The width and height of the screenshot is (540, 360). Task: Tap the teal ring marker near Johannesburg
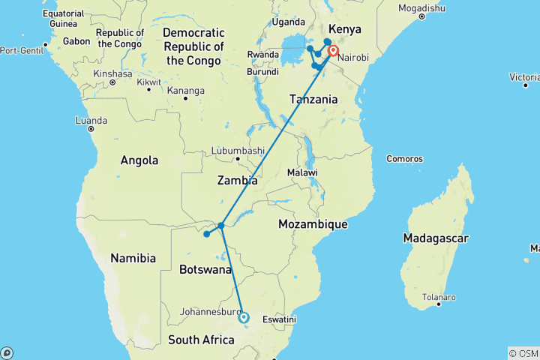(x=244, y=317)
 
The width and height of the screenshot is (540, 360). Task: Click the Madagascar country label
(x=435, y=238)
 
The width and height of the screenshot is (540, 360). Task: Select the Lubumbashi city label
(x=238, y=151)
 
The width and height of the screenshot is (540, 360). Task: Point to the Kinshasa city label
(x=112, y=74)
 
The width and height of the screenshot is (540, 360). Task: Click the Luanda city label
(x=91, y=120)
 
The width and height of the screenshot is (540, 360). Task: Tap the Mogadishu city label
(x=421, y=7)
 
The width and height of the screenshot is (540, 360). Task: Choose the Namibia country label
(x=133, y=258)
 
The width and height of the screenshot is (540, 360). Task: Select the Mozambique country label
(x=312, y=223)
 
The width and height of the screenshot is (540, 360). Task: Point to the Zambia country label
(x=237, y=181)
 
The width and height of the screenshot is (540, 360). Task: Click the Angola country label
(x=139, y=160)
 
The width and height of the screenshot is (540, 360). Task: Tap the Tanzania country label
(x=313, y=99)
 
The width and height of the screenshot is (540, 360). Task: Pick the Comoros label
(x=404, y=159)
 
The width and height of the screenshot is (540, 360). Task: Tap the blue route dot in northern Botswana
(x=206, y=234)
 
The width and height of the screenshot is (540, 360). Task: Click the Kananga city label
(x=186, y=91)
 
